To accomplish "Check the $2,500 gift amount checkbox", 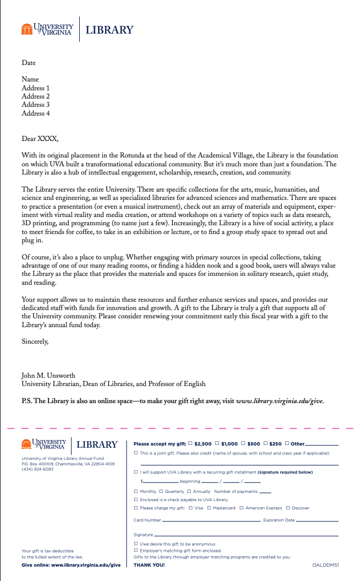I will point(190,443).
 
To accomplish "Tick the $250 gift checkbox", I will point(265,443).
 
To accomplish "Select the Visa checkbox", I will point(190,508).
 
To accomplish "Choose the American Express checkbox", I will point(242,508).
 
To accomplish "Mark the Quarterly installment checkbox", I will point(161,491).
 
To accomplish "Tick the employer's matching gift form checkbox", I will point(136,550).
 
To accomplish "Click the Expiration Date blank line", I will point(317,520).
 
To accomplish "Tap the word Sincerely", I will point(35,341).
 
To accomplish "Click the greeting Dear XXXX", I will point(40,139).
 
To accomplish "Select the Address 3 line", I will point(36,105).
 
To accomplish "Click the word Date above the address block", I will point(29,63).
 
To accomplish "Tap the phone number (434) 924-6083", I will point(38,469).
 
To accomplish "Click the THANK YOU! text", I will point(149,565).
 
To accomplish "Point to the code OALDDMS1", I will point(325,565).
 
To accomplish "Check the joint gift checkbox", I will point(136,453).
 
